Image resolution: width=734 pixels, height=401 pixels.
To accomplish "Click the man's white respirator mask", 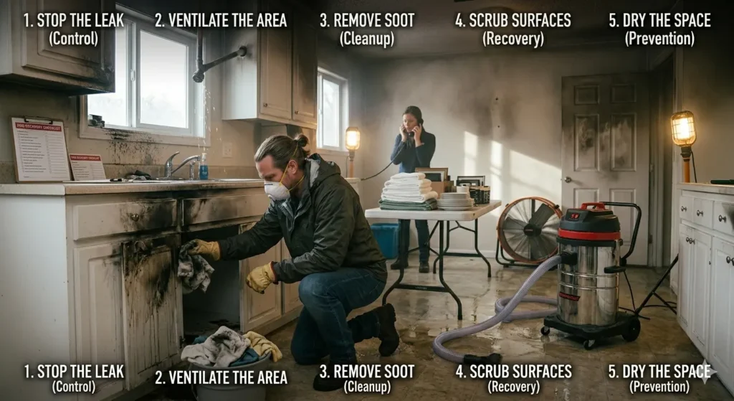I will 277,190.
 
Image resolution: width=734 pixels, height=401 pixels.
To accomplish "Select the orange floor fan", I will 530,230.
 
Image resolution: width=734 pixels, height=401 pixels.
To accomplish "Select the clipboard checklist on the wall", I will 41,149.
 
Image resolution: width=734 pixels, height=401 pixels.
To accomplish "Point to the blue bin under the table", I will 385,238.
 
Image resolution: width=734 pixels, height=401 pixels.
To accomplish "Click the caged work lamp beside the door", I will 682,130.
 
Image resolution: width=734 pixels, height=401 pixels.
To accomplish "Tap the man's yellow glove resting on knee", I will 260,277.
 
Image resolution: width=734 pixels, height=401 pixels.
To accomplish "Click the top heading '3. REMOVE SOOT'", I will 367,20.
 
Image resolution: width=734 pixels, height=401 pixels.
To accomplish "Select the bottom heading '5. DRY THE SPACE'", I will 659,372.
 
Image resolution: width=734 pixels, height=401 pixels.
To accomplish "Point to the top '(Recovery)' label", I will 513,39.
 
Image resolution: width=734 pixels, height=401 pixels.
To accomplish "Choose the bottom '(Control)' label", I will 73,387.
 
